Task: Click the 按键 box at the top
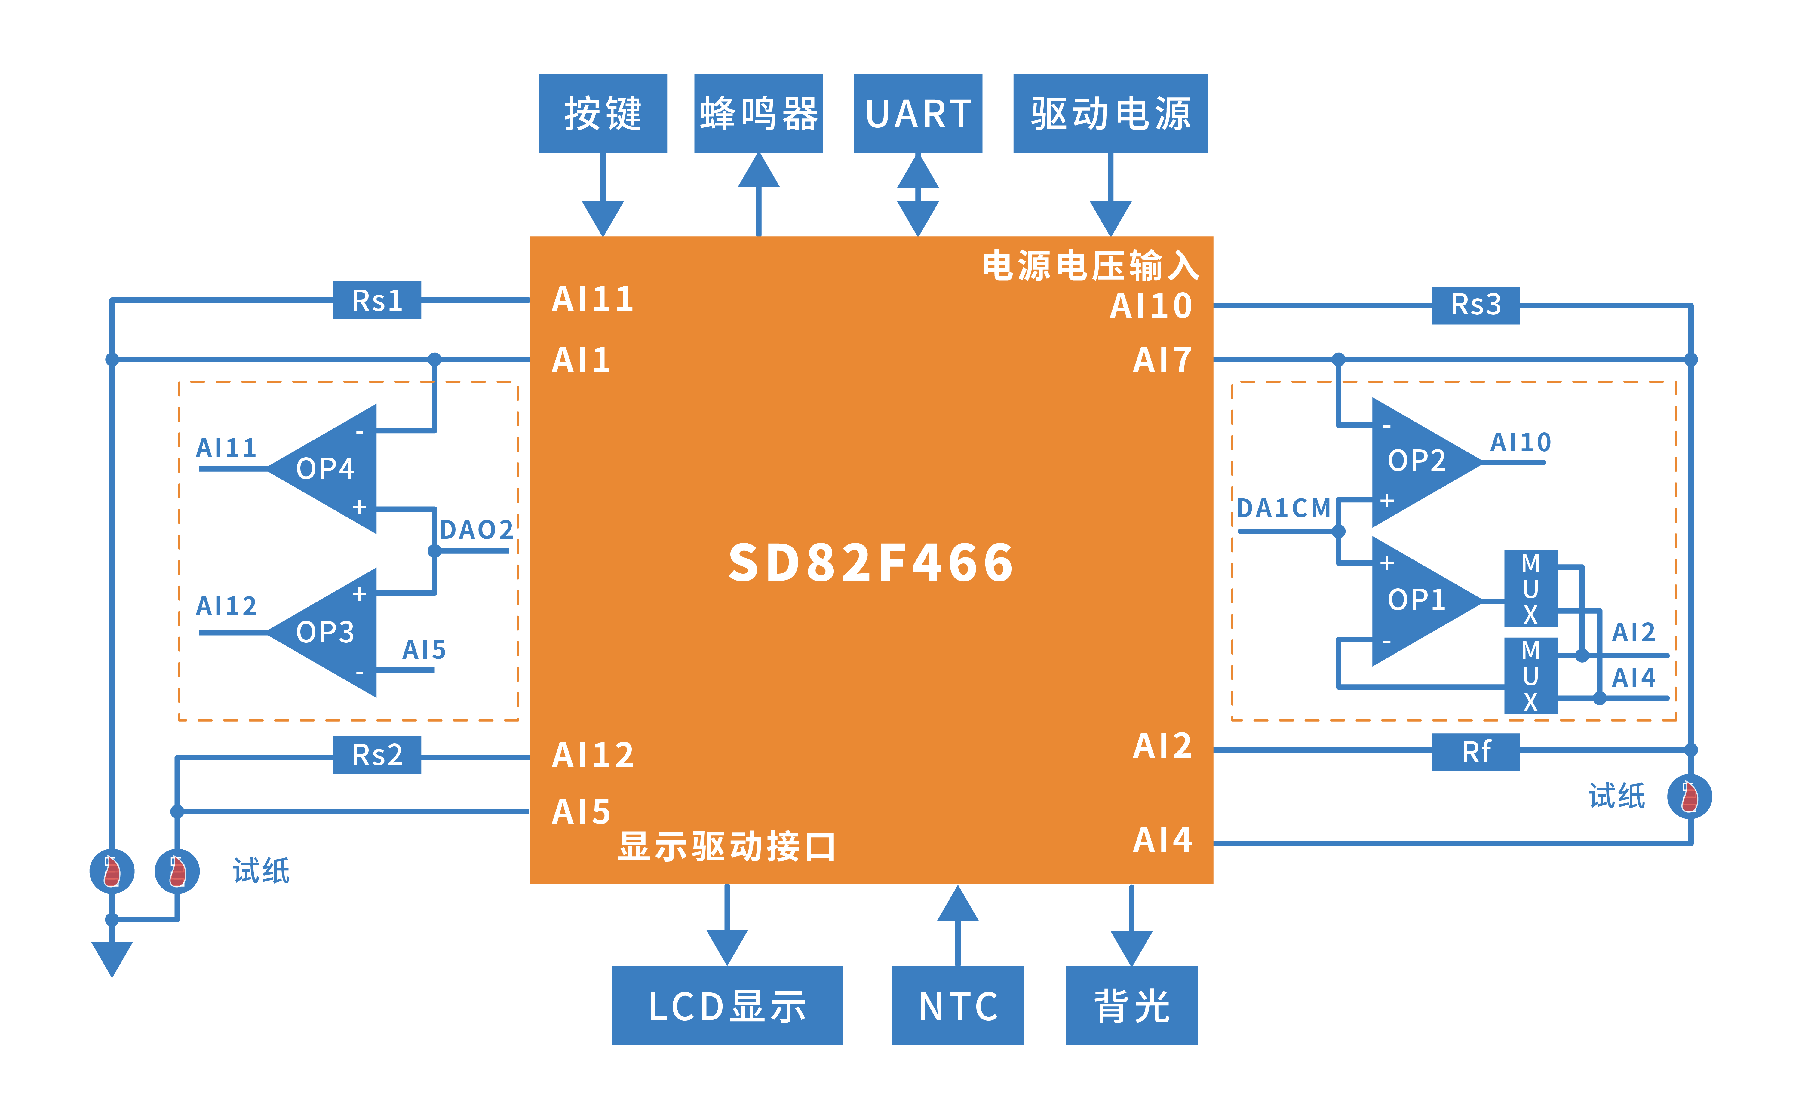(x=602, y=113)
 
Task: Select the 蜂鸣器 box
(x=759, y=113)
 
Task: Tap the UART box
(x=918, y=113)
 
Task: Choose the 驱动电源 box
(x=1110, y=113)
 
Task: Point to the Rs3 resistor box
(x=1476, y=305)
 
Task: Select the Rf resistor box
(x=1476, y=752)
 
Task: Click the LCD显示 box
(x=727, y=1005)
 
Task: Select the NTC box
(x=958, y=1005)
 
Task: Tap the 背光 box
(x=1131, y=1005)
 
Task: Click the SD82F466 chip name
(x=871, y=563)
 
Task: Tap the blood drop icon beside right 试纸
(x=1690, y=796)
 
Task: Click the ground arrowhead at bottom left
(x=112, y=959)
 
